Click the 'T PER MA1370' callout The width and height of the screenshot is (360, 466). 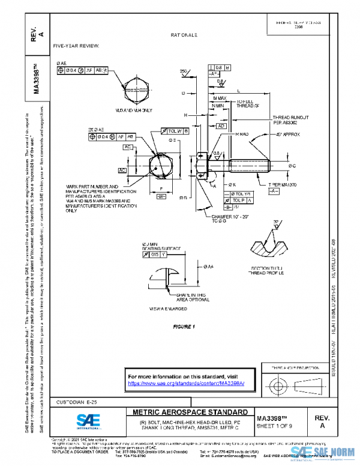pyautogui.click(x=283, y=184)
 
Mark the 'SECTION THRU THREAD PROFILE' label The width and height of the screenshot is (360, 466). pyautogui.click(x=269, y=270)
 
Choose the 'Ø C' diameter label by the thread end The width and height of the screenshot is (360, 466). pyautogui.click(x=293, y=165)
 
